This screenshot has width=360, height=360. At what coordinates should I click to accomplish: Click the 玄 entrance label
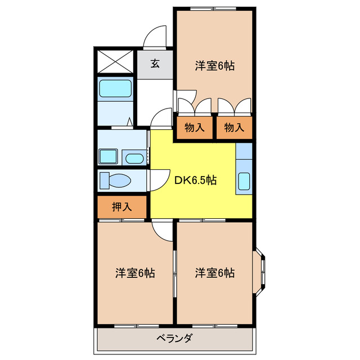coord(155,63)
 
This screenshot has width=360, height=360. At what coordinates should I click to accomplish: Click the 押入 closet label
coord(121,206)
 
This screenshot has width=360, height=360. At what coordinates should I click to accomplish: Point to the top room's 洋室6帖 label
coord(214,66)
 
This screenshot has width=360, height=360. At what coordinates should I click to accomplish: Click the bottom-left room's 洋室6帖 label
coord(135,273)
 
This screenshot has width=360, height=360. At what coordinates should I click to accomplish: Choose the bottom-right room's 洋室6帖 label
coord(215,273)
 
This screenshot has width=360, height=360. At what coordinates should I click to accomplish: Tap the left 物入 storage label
coord(195,128)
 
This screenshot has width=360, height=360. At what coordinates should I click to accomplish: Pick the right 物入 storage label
coord(234,128)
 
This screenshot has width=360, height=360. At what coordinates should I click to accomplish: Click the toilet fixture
coord(114,181)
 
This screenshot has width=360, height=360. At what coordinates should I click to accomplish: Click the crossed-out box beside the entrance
coord(115,61)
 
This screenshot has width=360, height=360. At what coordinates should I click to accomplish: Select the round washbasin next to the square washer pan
coord(134,158)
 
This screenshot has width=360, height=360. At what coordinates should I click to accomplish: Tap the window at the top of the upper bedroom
coord(214,8)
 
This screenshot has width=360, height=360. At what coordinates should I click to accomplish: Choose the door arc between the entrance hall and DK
coord(162,118)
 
